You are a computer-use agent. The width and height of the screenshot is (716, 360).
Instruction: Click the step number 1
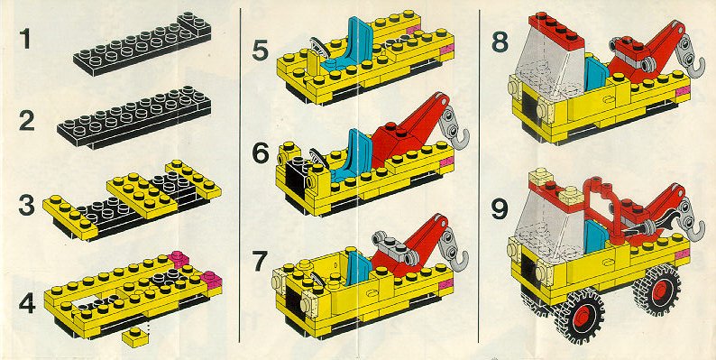[x=24, y=39]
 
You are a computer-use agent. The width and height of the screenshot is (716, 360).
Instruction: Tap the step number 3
[x=26, y=205]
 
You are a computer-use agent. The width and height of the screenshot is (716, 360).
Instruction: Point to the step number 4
[x=27, y=303]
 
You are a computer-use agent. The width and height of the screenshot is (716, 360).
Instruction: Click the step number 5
[x=260, y=51]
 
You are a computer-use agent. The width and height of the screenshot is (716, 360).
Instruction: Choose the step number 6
[x=261, y=153]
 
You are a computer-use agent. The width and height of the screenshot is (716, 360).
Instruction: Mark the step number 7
[x=260, y=261]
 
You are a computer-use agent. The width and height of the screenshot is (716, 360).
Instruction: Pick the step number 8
[x=500, y=42]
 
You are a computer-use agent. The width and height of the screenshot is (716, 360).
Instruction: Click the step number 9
[x=500, y=208]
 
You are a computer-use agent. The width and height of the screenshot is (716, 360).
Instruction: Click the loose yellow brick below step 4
[x=135, y=337]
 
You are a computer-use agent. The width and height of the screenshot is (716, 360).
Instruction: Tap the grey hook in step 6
[x=456, y=125]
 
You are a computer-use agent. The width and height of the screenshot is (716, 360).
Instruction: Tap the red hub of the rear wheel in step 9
[x=660, y=290]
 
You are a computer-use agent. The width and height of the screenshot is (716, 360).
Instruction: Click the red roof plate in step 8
[x=556, y=30]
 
